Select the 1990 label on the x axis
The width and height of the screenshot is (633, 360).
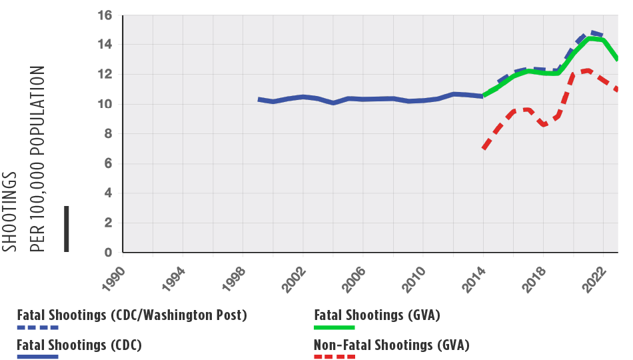(114, 275)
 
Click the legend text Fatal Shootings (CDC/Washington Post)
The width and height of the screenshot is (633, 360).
(132, 315)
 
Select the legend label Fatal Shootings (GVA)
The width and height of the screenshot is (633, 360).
(377, 315)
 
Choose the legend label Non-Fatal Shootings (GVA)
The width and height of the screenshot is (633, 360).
(392, 345)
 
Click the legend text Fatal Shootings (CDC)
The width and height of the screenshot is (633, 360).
(79, 345)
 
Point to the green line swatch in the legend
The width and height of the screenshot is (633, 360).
(334, 327)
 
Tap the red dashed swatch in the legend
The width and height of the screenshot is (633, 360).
(334, 357)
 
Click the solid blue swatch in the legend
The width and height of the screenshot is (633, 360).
(38, 357)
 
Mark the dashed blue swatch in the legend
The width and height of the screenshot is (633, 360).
(38, 327)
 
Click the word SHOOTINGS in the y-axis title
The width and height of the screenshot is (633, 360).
(10, 211)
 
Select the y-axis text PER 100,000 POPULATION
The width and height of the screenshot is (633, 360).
(37, 159)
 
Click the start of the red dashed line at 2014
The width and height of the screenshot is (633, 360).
(484, 147)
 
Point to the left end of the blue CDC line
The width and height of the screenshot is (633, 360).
(259, 99)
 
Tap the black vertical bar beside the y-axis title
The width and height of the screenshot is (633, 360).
(66, 229)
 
